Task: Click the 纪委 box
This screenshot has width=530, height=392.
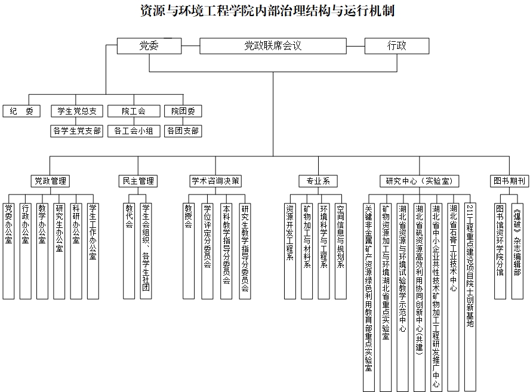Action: coord(21,111)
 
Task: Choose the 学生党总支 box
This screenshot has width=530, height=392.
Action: coord(76,111)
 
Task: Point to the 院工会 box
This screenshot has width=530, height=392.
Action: coord(134,111)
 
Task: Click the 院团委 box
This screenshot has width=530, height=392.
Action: coord(183,111)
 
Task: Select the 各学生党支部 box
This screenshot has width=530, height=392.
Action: coord(76,131)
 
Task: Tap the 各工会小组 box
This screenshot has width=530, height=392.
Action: coord(134,131)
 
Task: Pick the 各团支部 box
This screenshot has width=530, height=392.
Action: coord(183,131)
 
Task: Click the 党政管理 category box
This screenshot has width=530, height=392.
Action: coord(50,181)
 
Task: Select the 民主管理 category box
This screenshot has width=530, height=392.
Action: coord(138,181)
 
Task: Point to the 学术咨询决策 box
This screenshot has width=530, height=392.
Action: coord(216,181)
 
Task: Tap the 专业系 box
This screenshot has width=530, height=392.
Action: coord(318,181)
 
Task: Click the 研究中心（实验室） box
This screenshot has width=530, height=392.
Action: coord(418,181)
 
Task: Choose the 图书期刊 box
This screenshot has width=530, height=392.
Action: coord(509,181)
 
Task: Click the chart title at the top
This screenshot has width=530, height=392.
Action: coord(265,11)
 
